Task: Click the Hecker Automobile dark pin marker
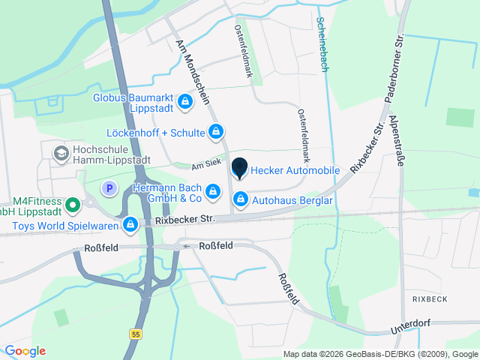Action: pyautogui.click(x=240, y=168)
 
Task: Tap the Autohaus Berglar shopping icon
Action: pyautogui.click(x=241, y=199)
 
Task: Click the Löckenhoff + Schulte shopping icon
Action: pyautogui.click(x=216, y=133)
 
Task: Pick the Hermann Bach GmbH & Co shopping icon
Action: pyautogui.click(x=214, y=192)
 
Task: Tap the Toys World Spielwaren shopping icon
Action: pyautogui.click(x=130, y=223)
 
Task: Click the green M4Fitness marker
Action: pyautogui.click(x=73, y=203)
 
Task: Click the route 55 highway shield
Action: pyautogui.click(x=134, y=334)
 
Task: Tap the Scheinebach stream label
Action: pyautogui.click(x=322, y=44)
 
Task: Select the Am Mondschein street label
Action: pyautogui.click(x=197, y=73)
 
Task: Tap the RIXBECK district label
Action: pyautogui.click(x=429, y=298)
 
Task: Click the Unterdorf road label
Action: pyautogui.click(x=413, y=326)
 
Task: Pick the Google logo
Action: pyautogui.click(x=25, y=351)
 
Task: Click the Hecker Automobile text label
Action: pyautogui.click(x=295, y=171)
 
